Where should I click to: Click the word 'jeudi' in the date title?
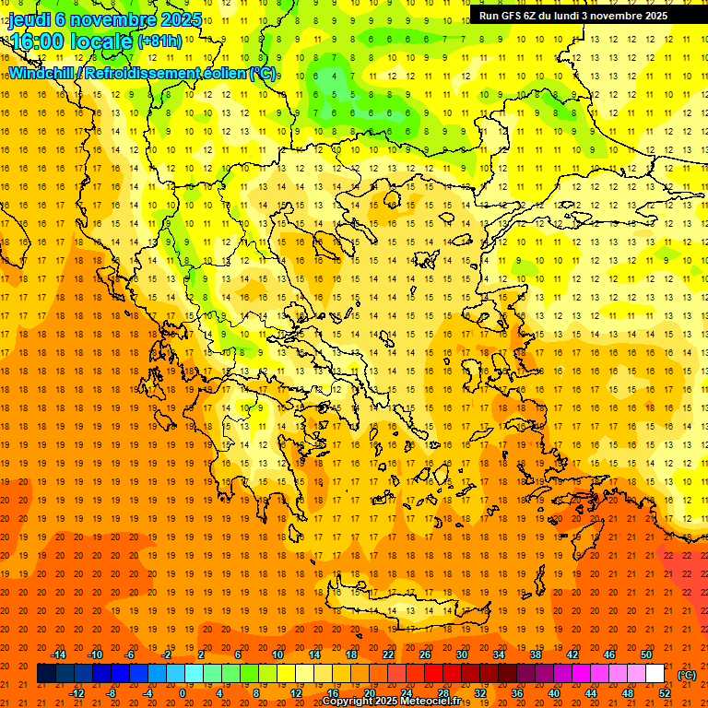(x=29, y=19)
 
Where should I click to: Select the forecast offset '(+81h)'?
(x=159, y=41)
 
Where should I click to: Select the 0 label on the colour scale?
(x=183, y=692)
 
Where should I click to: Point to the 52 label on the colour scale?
(x=665, y=692)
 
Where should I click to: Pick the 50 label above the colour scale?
(x=646, y=654)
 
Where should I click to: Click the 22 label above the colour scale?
(x=388, y=654)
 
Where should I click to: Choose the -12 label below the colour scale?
(x=77, y=692)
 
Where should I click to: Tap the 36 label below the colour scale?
(x=517, y=692)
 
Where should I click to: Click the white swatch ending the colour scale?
(x=655, y=673)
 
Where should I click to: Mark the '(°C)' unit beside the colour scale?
(x=687, y=675)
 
